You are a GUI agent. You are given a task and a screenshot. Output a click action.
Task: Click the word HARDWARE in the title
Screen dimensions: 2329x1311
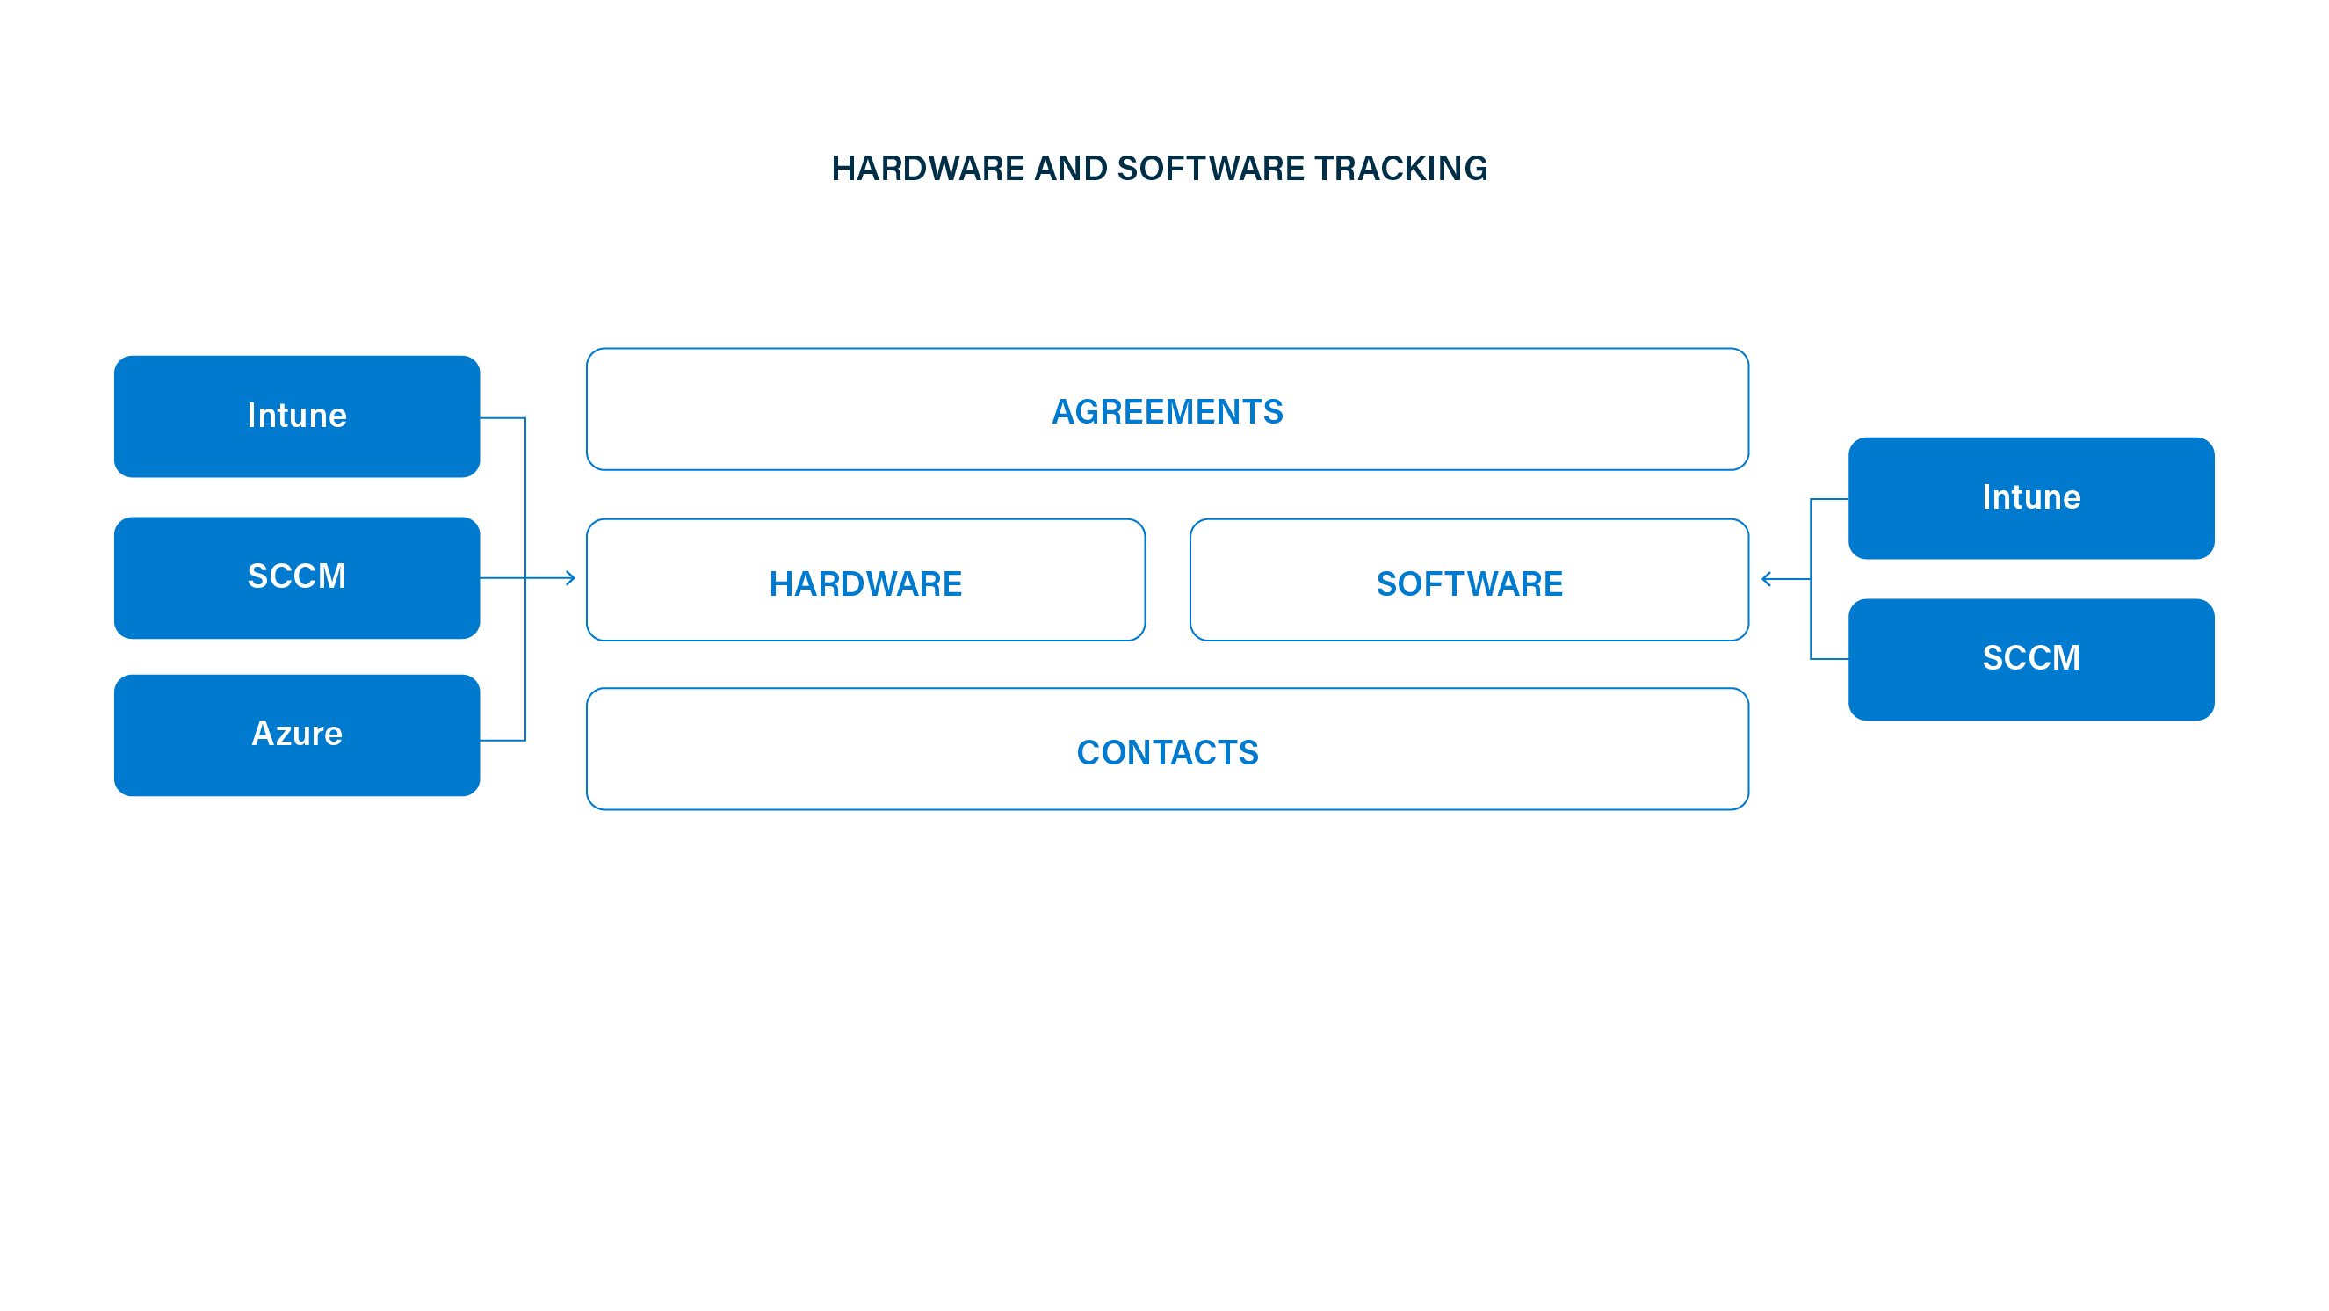click(x=928, y=168)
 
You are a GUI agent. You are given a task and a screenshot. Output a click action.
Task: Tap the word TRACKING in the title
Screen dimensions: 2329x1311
click(x=1400, y=168)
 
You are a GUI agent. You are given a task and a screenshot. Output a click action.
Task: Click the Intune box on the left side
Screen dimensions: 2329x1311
click(x=297, y=416)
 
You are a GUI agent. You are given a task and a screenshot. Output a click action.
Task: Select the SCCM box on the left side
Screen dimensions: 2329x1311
click(x=297, y=578)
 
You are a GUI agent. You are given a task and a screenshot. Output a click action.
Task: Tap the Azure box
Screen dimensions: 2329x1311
click(x=297, y=735)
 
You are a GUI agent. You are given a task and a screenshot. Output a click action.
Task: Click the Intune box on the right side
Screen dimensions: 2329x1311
click(x=2030, y=498)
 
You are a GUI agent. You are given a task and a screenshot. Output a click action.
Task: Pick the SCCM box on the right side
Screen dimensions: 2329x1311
click(x=2030, y=659)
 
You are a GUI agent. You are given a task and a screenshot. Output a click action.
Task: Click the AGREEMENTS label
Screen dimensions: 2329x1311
click(x=1168, y=411)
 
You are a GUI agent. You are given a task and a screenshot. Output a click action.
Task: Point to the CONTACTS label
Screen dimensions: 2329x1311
click(x=1168, y=752)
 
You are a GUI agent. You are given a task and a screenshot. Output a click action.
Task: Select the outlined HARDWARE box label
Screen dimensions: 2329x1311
click(x=865, y=584)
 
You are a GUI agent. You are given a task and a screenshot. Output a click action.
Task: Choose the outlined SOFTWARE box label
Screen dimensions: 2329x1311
click(x=1469, y=584)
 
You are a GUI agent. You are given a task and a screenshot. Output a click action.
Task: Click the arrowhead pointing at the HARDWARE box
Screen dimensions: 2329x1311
click(x=570, y=578)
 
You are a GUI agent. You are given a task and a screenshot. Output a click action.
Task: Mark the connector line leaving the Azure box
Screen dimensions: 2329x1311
click(x=503, y=741)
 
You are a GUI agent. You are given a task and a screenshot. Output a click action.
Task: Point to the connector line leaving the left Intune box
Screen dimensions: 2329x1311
click(x=503, y=417)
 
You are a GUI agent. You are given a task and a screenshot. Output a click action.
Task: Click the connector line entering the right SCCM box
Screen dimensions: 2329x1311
click(x=1829, y=659)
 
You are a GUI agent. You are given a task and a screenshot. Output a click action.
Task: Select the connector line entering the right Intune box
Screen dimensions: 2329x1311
click(x=1829, y=499)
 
